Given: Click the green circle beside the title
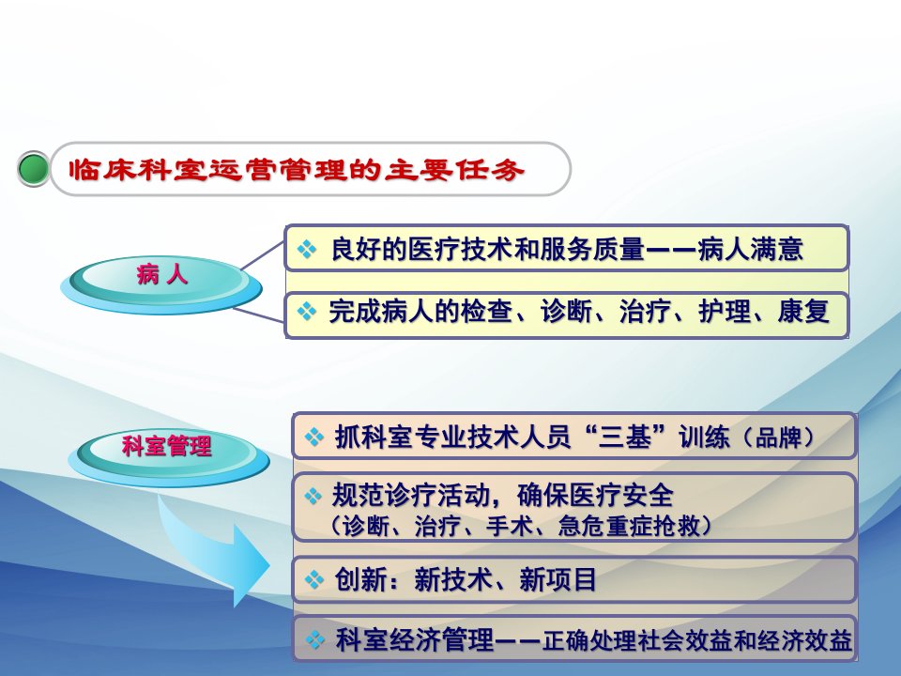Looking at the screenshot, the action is pyautogui.click(x=34, y=169).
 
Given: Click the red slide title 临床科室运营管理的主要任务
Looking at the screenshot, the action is pyautogui.click(x=297, y=170).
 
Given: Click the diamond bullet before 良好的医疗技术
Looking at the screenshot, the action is pyautogui.click(x=307, y=249).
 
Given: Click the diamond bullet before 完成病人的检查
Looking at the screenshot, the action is pyautogui.click(x=307, y=311).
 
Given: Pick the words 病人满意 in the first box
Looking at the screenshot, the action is pyautogui.click(x=751, y=249).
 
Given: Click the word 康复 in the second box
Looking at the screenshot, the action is pyautogui.click(x=804, y=312).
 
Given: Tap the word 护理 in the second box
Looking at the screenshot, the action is pyautogui.click(x=724, y=312).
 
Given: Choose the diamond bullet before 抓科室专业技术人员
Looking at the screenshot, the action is pyautogui.click(x=314, y=437).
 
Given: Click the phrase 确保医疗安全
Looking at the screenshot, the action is pyautogui.click(x=595, y=496).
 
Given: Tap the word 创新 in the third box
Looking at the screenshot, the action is pyautogui.click(x=360, y=579).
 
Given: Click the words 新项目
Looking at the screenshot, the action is pyautogui.click(x=557, y=579).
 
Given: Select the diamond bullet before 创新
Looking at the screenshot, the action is pyautogui.click(x=314, y=579).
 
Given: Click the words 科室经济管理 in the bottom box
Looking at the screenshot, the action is pyautogui.click(x=414, y=639).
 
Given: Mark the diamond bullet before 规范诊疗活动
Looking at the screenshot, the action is pyautogui.click(x=313, y=496).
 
